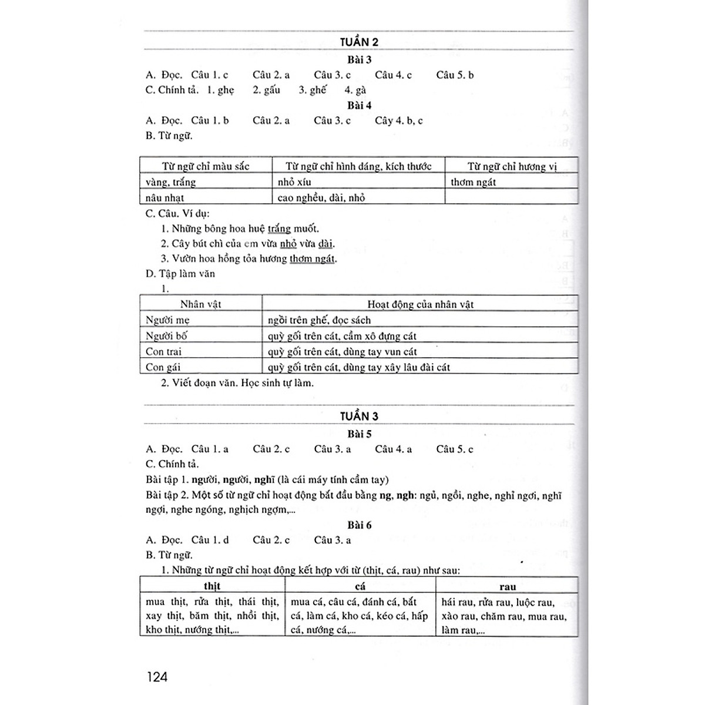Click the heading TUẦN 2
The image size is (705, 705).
click(x=358, y=42)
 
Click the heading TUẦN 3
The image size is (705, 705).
click(x=358, y=416)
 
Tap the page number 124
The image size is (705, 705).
click(x=157, y=677)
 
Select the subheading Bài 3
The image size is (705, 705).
click(x=359, y=59)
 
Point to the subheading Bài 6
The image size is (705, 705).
click(x=359, y=525)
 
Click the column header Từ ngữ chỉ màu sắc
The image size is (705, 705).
click(x=206, y=166)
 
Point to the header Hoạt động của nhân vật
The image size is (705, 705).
click(x=420, y=304)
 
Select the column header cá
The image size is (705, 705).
click(x=360, y=586)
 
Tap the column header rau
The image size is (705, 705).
click(x=507, y=586)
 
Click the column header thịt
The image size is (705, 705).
click(x=211, y=586)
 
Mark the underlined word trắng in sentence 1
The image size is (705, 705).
click(x=279, y=229)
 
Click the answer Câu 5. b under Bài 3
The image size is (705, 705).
click(x=455, y=75)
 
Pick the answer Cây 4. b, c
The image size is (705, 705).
click(x=398, y=120)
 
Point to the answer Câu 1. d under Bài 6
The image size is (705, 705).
click(x=210, y=540)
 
